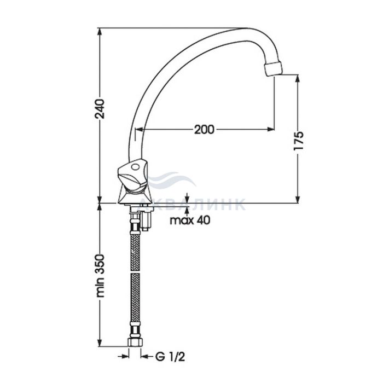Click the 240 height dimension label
[x=100, y=109]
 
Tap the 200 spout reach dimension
[x=204, y=130]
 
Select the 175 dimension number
[x=299, y=141]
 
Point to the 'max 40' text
[x=190, y=220]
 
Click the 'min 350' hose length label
[x=100, y=276]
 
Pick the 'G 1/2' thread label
[x=170, y=357]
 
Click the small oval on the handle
[x=135, y=167]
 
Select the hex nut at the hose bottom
[x=135, y=342]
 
